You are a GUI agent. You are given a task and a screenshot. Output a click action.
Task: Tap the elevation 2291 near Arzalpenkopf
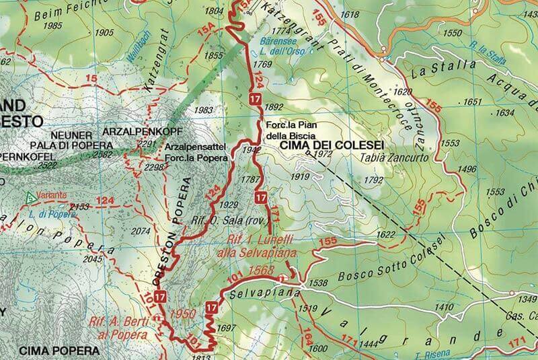click(x=146, y=143)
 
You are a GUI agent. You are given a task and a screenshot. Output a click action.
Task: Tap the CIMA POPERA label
click(x=59, y=351)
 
